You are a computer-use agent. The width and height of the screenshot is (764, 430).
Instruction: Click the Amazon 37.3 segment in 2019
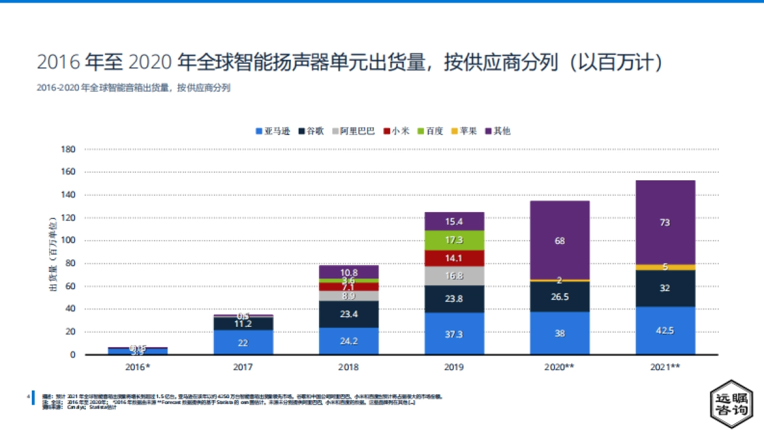[x=454, y=333]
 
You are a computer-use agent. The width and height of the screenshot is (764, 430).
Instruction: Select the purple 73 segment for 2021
[x=665, y=222]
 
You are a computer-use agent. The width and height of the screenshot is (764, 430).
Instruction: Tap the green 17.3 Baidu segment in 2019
[x=454, y=240]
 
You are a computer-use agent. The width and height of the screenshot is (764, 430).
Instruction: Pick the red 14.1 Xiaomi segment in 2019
[x=454, y=258]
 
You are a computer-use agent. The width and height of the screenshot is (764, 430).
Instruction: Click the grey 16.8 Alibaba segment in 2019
[x=454, y=276]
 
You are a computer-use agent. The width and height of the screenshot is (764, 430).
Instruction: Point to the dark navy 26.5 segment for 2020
[x=560, y=296]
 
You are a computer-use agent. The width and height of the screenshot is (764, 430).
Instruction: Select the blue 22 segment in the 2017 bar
[x=243, y=342]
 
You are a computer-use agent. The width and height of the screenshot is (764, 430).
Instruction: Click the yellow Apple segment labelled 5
[x=665, y=267]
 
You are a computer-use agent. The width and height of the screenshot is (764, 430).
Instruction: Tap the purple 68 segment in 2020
[x=560, y=240]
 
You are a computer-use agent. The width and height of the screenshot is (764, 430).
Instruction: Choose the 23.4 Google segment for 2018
[x=348, y=314]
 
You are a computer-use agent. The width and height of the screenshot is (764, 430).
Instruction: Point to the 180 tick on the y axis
[x=67, y=150]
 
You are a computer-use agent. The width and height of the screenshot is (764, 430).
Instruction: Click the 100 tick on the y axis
[x=67, y=241]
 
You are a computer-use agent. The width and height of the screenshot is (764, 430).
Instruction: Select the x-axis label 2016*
[x=137, y=368]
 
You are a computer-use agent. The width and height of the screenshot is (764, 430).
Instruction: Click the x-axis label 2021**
[x=665, y=368]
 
